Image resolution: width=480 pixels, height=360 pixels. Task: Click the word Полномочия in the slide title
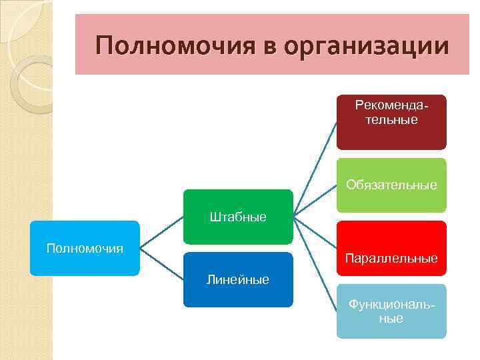174,46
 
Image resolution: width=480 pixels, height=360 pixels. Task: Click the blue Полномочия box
85,248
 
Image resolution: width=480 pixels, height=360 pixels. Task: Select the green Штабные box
238,217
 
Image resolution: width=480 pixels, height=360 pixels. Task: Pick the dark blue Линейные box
238,280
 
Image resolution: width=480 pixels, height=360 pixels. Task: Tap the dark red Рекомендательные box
391,121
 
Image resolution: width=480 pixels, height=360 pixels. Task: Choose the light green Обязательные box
391,185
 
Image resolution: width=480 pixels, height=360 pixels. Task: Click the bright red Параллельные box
391,248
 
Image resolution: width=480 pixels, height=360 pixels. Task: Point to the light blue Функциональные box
391,311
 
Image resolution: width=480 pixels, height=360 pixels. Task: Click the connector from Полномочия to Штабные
161,233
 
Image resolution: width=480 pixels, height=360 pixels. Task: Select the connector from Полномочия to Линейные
161,264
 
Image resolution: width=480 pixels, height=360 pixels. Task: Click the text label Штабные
238,217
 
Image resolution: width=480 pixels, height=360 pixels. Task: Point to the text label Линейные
238,280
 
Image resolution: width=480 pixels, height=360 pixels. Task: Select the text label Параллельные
391,258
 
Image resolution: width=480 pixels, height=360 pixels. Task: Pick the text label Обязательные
391,185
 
